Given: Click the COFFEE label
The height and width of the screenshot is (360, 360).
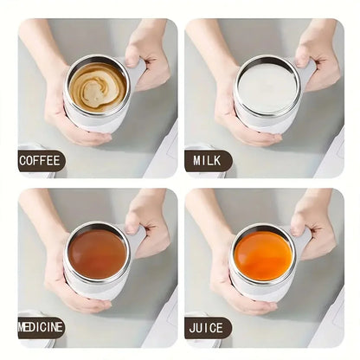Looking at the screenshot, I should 41,160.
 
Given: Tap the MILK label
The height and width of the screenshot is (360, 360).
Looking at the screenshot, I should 208,160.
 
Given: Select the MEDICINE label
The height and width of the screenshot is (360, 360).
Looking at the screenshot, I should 41,327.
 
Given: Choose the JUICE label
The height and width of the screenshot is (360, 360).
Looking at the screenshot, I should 208,327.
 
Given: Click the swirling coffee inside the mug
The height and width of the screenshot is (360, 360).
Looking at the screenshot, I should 96,87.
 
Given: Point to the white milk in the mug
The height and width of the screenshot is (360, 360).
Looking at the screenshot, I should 265,86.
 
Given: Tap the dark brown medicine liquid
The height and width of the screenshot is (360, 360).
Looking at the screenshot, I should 98,254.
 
